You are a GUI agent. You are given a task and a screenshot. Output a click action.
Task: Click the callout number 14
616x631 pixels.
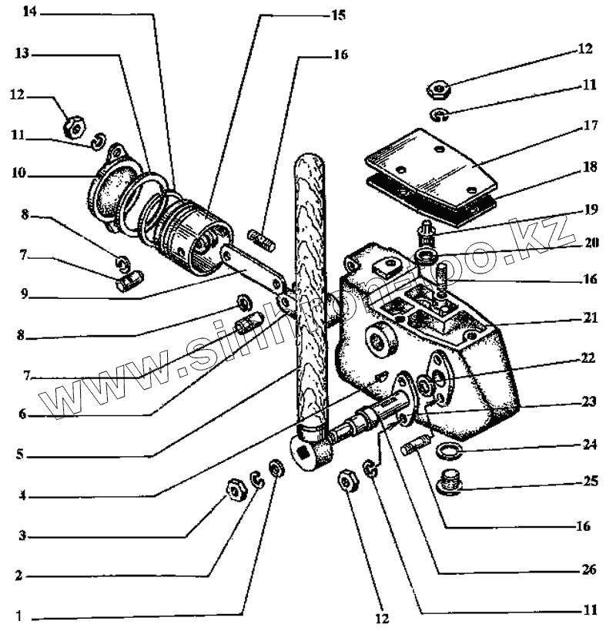28,13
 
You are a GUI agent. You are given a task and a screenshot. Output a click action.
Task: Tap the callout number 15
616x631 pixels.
339,14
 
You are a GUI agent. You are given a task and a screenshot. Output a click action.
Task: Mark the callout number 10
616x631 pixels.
18,174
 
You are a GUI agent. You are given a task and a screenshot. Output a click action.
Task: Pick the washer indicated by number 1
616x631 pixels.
275,468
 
